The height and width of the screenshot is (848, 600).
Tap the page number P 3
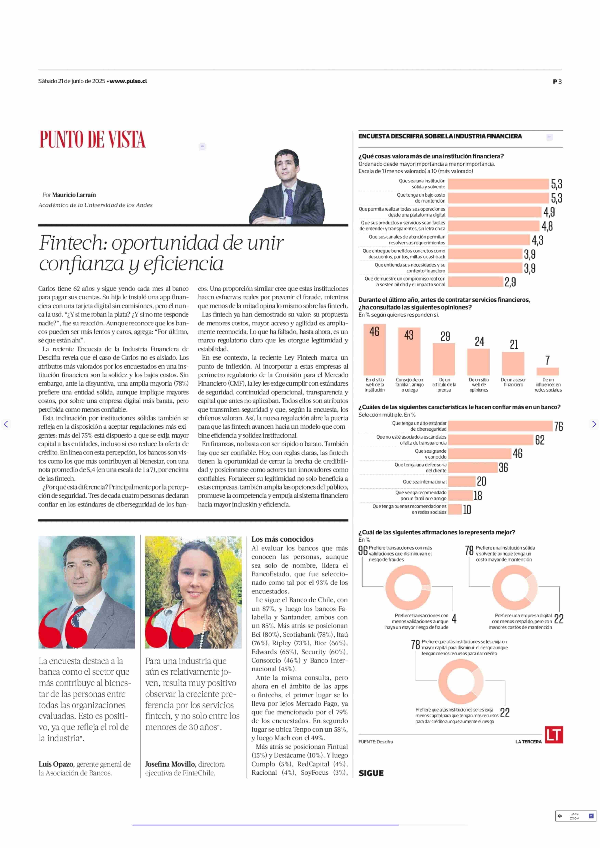click(557, 82)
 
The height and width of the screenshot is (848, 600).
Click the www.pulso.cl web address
click(128, 81)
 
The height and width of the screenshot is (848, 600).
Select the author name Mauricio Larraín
click(74, 195)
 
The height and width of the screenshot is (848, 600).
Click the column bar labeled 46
click(375, 350)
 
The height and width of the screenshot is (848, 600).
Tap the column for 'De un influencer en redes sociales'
click(547, 371)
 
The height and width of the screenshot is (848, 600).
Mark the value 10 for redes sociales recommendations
click(467, 510)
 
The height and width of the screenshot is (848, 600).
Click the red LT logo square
click(554, 735)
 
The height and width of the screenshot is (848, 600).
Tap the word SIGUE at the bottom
click(371, 773)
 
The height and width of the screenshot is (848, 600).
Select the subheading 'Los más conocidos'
click(282, 539)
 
